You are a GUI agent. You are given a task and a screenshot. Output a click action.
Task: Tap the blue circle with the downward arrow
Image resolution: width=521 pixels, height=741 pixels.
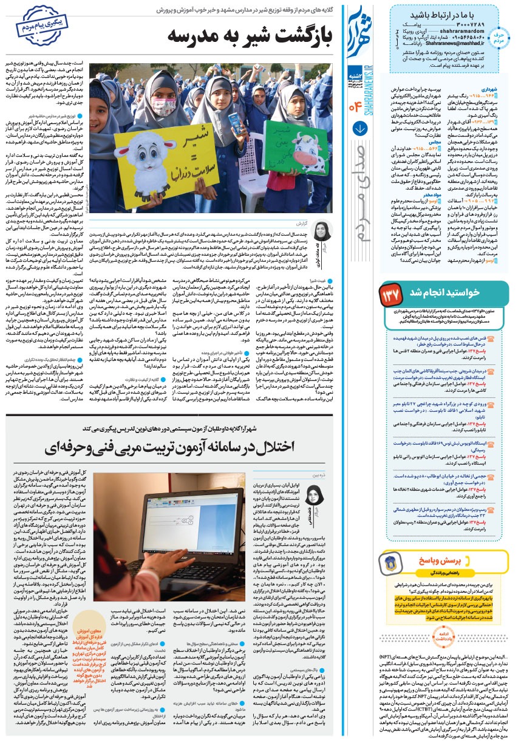[x=359, y=129]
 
